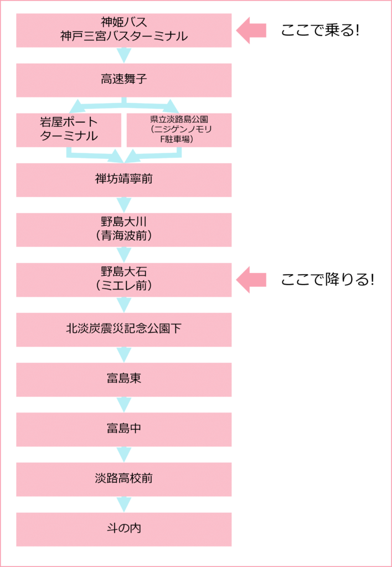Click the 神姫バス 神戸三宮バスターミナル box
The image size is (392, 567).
coord(123,30)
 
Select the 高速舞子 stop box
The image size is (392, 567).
coord(123,80)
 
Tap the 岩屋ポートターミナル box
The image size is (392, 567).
coord(69,130)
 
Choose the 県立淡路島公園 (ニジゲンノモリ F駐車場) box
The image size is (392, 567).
coord(179,130)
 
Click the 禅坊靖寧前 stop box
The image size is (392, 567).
coord(123,180)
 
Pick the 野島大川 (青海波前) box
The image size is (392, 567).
coord(123,230)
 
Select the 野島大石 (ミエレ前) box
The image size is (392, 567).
coord(123,280)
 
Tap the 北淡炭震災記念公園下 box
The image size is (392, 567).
coord(123,329)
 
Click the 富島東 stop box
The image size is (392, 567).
coord(123,379)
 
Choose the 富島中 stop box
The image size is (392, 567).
coord(123,429)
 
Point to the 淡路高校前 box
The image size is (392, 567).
coord(123,479)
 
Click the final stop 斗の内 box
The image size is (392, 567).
coord(123,529)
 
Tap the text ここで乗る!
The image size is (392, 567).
coord(320,30)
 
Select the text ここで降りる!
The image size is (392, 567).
coord(327,280)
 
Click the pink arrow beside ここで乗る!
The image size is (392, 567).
coord(251,30)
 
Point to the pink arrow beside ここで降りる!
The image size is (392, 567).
coord(251,280)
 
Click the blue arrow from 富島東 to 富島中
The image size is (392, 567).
coord(123,405)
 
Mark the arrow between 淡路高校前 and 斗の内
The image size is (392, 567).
coord(123,504)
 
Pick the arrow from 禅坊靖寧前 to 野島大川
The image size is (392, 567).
coord(123,205)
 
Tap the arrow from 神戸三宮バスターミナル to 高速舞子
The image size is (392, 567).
coord(123,55)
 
